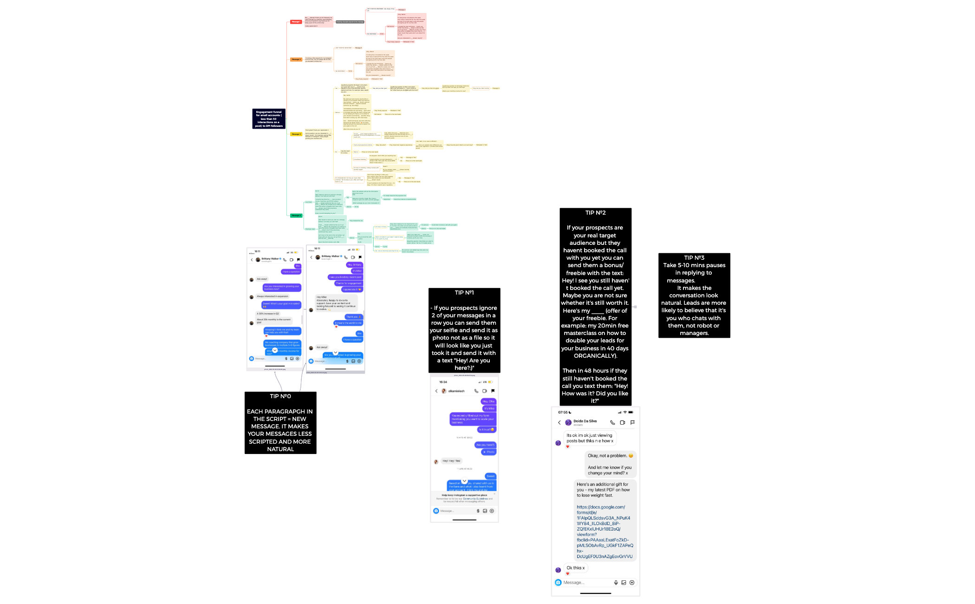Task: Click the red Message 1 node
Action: [296, 22]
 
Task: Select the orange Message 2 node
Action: [296, 59]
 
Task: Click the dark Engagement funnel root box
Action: [269, 119]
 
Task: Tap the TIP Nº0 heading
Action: [280, 396]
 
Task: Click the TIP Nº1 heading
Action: [464, 293]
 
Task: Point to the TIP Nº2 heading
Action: [595, 213]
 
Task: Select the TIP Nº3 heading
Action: [694, 258]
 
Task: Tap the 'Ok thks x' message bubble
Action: [576, 568]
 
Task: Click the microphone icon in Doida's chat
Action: [616, 583]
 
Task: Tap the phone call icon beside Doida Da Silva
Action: [612, 423]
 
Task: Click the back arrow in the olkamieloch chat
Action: [436, 391]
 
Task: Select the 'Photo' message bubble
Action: [489, 452]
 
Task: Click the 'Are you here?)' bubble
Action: [485, 445]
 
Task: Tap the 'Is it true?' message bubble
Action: [486, 430]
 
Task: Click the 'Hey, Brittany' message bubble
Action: [354, 265]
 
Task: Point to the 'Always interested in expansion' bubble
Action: [273, 296]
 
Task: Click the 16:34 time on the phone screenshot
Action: [443, 382]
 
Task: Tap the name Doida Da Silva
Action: [585, 421]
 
